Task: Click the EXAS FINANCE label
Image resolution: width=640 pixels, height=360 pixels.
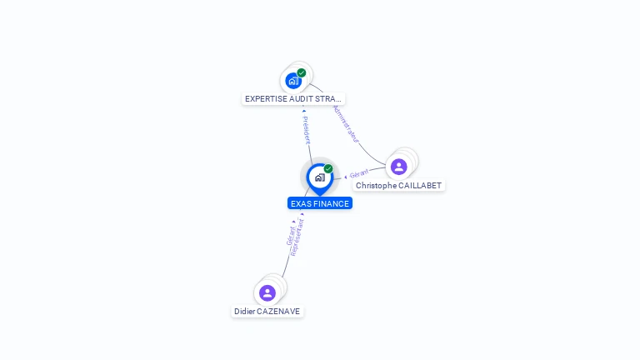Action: click(320, 203)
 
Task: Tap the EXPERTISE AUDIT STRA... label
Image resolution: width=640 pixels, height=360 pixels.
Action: click(292, 98)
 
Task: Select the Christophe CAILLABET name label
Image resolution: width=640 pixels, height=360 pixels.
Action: click(398, 185)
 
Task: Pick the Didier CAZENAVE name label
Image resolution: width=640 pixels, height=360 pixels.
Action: click(267, 312)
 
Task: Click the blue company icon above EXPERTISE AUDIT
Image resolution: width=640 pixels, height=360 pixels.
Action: click(293, 81)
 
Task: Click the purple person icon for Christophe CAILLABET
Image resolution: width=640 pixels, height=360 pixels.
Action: click(399, 167)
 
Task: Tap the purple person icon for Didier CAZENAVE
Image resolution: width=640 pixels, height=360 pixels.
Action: click(267, 292)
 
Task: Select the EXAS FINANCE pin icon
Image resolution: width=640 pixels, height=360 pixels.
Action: click(320, 177)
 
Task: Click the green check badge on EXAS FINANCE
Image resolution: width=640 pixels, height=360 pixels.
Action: click(328, 169)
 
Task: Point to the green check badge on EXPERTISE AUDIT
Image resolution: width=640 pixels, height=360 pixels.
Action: click(302, 73)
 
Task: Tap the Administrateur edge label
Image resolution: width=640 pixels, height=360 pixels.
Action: click(345, 122)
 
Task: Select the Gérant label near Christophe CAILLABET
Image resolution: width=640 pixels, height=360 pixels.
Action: click(359, 173)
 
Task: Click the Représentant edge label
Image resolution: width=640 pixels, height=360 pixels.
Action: click(298, 237)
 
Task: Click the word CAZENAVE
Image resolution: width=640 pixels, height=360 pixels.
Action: click(279, 312)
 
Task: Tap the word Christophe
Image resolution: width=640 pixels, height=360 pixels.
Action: click(377, 185)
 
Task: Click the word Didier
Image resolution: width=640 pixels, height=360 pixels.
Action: click(245, 312)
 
